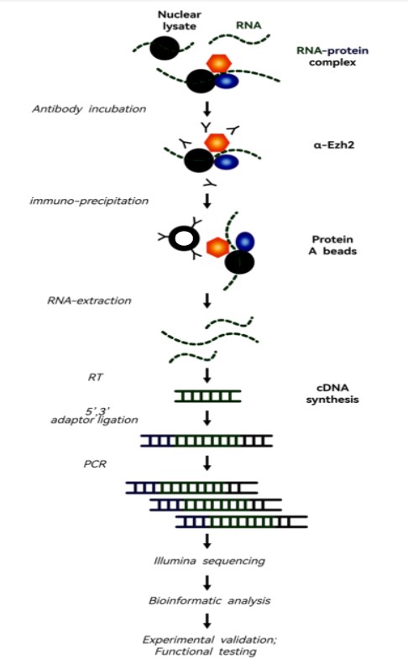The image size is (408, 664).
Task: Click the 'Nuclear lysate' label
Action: [x=179, y=20]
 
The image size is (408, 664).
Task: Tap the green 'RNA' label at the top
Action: [x=248, y=25]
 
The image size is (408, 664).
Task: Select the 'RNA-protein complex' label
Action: [x=332, y=56]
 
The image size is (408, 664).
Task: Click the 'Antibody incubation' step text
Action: [x=89, y=109]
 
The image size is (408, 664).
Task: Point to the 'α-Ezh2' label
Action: [x=333, y=145]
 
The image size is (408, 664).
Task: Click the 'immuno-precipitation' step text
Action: [x=89, y=201]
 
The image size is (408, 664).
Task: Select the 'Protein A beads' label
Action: [x=332, y=245]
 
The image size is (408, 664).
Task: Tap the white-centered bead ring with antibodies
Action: [x=184, y=238]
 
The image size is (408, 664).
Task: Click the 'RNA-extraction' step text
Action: [x=89, y=301]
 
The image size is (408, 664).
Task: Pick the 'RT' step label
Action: [x=96, y=377]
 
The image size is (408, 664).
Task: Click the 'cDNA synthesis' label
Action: [x=332, y=394]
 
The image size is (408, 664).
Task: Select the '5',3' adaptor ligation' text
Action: [x=95, y=416]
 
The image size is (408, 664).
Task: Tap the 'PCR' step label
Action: [x=95, y=464]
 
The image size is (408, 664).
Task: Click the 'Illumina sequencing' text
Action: [x=209, y=561]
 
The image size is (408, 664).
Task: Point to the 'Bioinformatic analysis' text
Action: [x=209, y=601]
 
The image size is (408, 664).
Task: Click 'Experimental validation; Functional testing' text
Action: [x=209, y=646]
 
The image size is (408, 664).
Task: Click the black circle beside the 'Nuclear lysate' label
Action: [x=165, y=48]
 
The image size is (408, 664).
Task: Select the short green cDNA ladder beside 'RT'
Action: [x=207, y=396]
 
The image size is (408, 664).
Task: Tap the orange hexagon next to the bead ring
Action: [x=217, y=248]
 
